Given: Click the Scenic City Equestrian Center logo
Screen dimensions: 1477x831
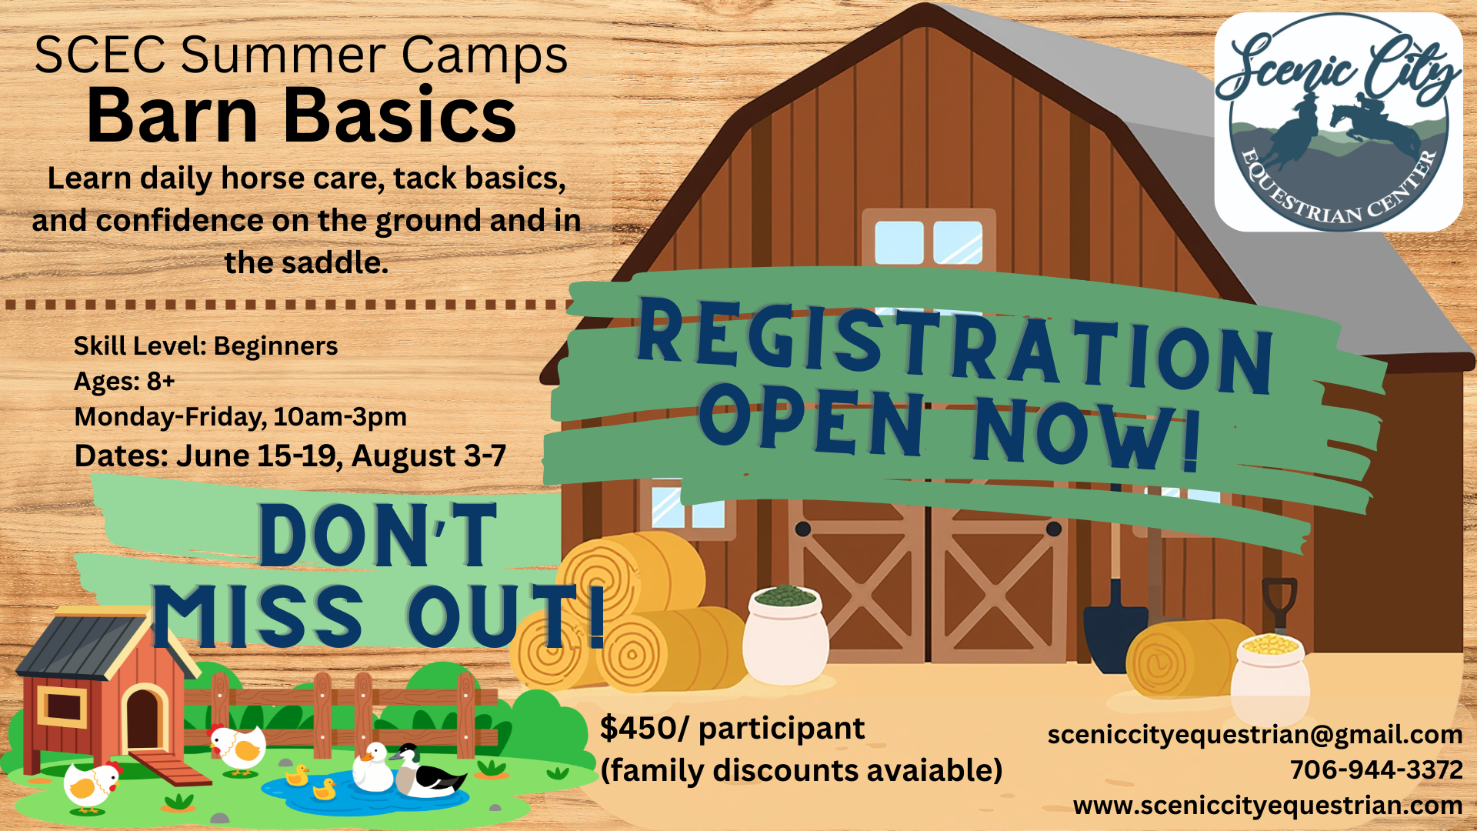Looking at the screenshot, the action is pos(1338,122).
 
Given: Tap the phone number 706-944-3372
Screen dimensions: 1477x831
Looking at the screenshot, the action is pos(1376,769).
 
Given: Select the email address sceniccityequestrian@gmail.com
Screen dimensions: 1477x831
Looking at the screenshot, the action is pos(1255,735).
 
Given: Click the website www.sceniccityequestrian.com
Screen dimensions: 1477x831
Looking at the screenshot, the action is pos(1268,805).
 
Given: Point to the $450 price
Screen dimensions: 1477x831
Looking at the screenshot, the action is pos(636,728).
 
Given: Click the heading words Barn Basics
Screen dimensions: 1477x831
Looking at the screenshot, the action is pos(302,115).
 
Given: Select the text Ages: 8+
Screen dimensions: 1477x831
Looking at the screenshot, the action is pos(125,381).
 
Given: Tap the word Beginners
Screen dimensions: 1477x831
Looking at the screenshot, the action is pos(275,347).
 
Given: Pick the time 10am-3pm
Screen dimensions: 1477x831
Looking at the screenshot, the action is pos(339,417).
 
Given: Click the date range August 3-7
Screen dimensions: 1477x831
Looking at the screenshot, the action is pos(428,456).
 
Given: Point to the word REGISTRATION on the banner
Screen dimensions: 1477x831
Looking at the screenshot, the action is pos(955,344).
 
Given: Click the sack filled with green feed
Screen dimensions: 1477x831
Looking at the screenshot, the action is pos(785,635).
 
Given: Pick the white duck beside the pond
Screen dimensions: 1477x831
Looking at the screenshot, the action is pos(373,767).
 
